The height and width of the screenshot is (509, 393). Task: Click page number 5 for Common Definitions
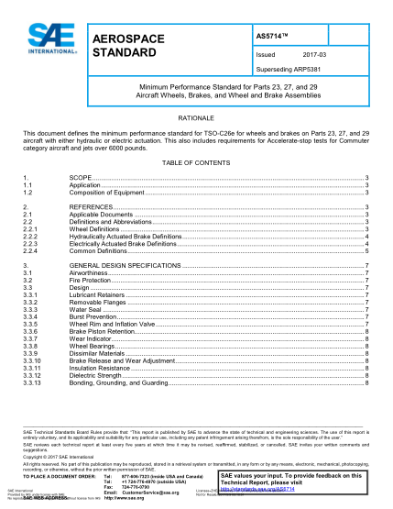366,249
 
